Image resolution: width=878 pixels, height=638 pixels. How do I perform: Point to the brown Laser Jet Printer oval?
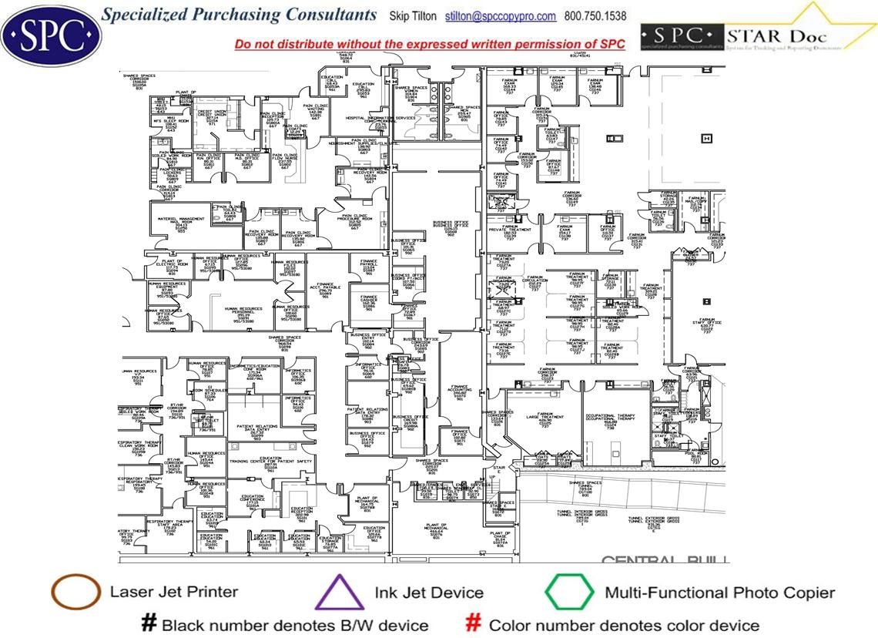[x=75, y=592]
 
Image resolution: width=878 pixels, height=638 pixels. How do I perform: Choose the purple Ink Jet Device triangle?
[x=340, y=594]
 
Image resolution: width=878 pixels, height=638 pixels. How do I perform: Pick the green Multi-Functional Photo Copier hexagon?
[x=569, y=593]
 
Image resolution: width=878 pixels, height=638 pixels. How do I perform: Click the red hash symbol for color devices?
[x=474, y=623]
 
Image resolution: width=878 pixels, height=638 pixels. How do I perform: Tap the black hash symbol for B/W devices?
[x=149, y=623]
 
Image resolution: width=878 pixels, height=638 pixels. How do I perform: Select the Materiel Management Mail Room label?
[x=181, y=223]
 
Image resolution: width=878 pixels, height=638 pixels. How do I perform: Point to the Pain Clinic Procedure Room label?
[x=354, y=221]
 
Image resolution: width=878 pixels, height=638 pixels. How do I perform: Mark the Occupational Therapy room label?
[x=611, y=419]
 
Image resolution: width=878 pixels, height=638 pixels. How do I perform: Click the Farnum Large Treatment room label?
[x=545, y=419]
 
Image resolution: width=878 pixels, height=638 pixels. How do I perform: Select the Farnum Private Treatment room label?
[x=510, y=233]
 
